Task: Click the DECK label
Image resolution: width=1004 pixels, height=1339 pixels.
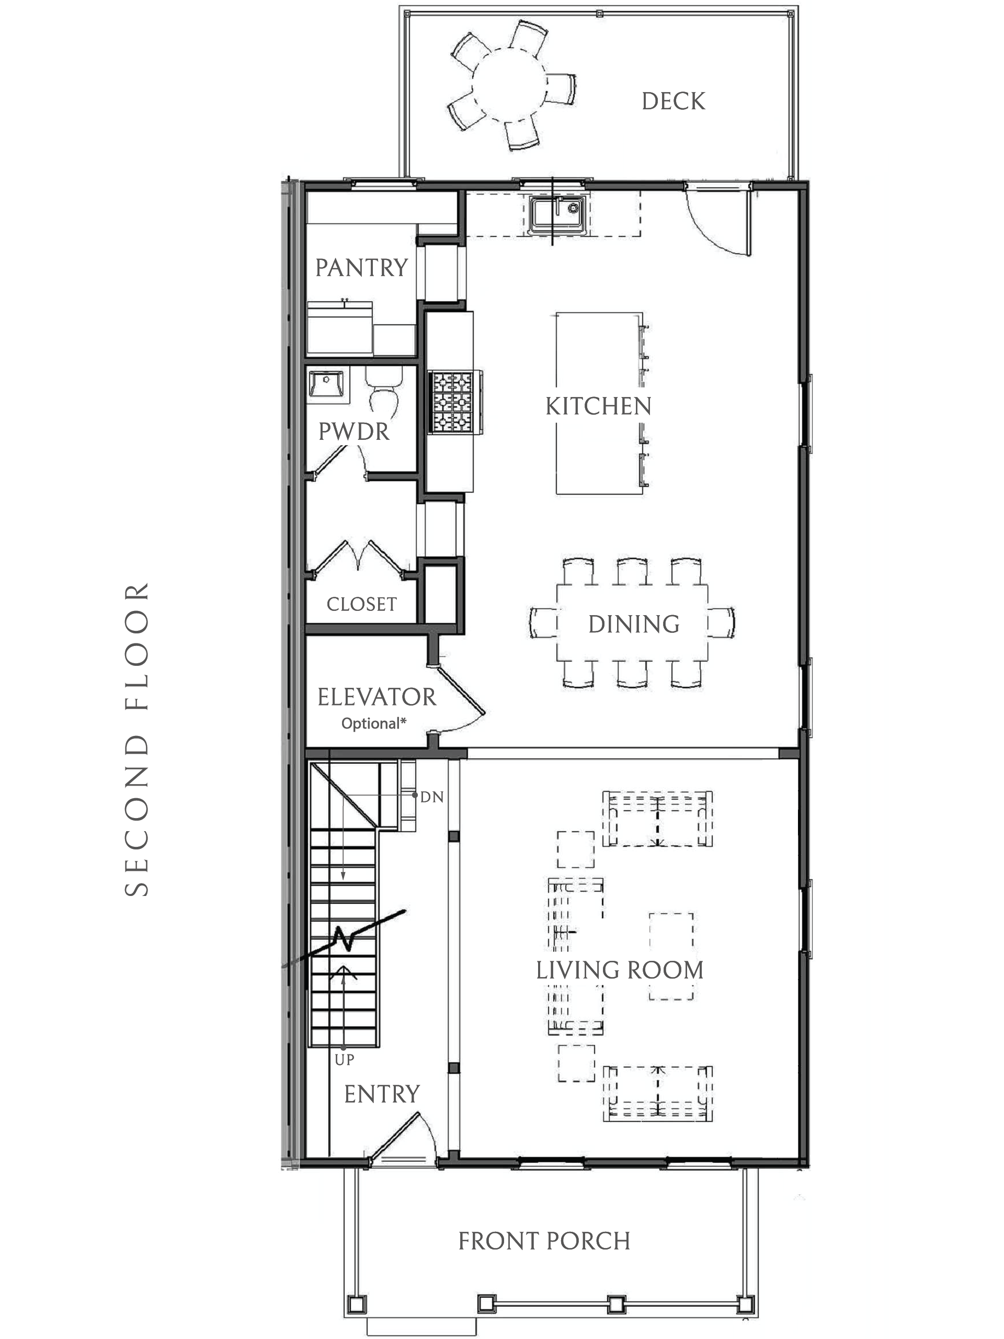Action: [673, 101]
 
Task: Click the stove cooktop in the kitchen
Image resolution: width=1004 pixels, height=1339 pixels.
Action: [453, 401]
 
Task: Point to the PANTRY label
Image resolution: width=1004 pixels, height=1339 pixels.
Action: [361, 268]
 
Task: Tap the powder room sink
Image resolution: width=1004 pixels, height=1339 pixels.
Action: [327, 385]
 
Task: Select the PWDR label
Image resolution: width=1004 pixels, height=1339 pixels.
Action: [354, 432]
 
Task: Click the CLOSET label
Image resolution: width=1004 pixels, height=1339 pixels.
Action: [361, 604]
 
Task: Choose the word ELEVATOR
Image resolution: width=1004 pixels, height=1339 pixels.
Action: [376, 697]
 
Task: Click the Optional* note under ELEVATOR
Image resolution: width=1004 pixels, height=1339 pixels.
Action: [373, 723]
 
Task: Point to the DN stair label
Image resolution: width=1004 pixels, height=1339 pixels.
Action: [432, 797]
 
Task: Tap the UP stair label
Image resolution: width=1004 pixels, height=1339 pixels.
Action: [345, 1059]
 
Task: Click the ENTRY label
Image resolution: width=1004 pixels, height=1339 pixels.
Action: [382, 1094]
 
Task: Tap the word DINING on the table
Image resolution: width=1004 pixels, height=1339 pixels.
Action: [634, 624]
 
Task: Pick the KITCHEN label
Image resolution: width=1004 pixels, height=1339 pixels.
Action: [598, 406]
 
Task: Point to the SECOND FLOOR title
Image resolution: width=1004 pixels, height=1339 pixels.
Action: [137, 739]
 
